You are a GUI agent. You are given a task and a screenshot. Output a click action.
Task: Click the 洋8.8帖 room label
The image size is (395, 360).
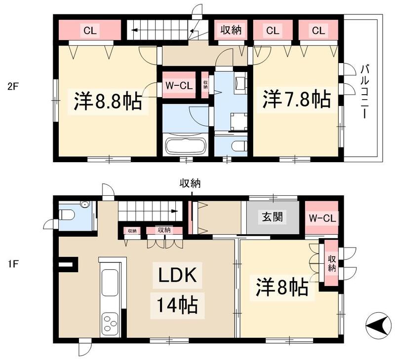pos(108,102)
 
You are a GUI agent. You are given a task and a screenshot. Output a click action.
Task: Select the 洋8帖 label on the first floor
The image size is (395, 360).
pos(282,287)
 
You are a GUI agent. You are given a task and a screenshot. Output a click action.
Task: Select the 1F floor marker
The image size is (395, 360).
pos(13,264)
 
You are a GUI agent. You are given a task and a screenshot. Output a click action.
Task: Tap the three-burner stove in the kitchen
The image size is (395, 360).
pos(110,324)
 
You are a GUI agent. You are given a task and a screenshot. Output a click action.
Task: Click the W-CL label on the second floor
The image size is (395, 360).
pos(178,85)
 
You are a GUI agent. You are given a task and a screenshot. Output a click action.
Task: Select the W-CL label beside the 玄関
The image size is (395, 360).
pos(321,217)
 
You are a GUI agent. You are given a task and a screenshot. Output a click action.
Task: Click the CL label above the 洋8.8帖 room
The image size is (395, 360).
pos(89,31)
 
